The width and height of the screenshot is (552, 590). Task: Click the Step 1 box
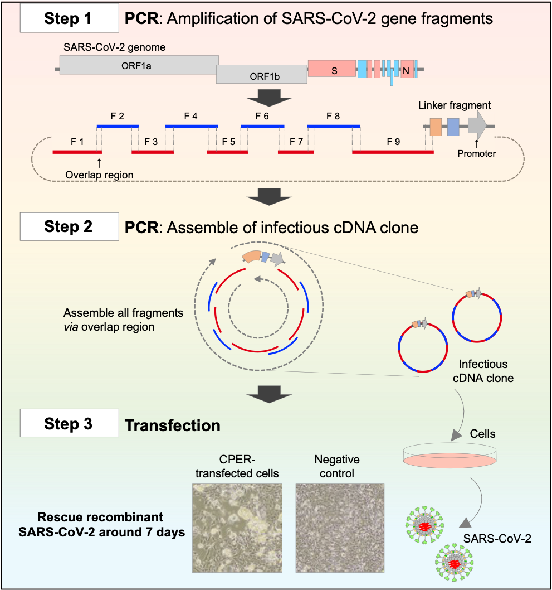pos(69,18)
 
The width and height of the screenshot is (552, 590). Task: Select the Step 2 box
pos(69,227)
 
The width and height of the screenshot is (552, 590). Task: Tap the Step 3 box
pos(69,423)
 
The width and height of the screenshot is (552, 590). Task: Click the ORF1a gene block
pos(139,65)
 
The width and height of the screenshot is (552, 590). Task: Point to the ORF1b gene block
pos(261,74)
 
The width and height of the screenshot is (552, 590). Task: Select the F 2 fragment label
pos(117,117)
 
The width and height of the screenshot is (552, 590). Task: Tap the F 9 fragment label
pos(393,142)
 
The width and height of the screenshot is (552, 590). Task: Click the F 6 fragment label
pos(262,117)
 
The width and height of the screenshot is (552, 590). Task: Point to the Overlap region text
pos(99,175)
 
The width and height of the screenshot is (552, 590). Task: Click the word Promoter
pos(476,153)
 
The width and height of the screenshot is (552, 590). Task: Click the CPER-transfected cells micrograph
pos(237,527)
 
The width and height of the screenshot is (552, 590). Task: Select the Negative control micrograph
pos(340,527)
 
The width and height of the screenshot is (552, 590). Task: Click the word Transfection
pos(173,426)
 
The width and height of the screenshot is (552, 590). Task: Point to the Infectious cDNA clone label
pos(483,371)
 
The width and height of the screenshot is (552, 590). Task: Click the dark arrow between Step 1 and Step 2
pos(270,196)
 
